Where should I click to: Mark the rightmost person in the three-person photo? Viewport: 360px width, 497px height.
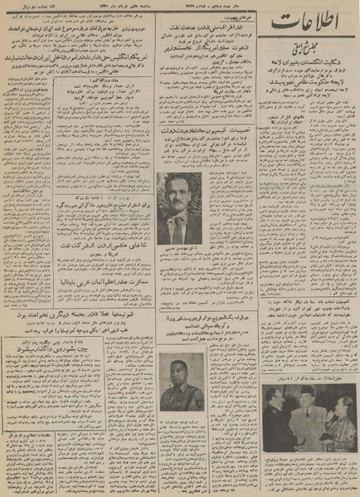[336, 411]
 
